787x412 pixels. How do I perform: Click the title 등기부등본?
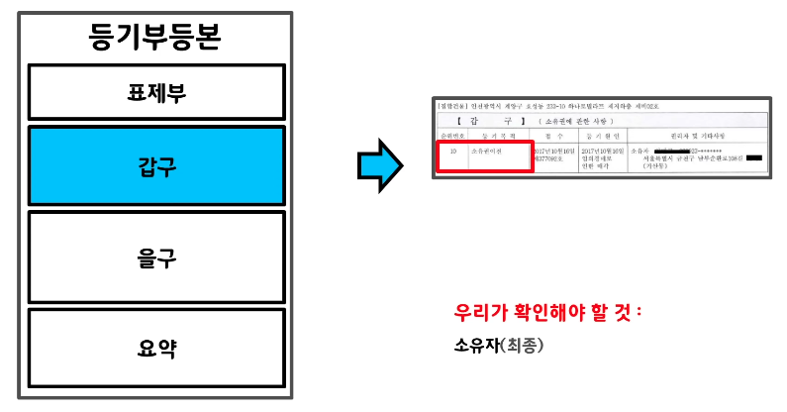click(155, 39)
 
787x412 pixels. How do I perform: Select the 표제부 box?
click(156, 93)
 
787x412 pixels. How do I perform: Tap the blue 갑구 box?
click(156, 165)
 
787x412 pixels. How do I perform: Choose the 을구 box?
click(156, 257)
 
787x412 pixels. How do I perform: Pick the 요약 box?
click(156, 348)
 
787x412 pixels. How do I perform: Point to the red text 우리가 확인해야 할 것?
click(547, 313)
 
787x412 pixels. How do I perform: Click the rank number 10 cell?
click(451, 151)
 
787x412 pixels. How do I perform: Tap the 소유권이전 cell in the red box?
click(487, 151)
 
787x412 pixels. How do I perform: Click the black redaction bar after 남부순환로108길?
click(754, 158)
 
